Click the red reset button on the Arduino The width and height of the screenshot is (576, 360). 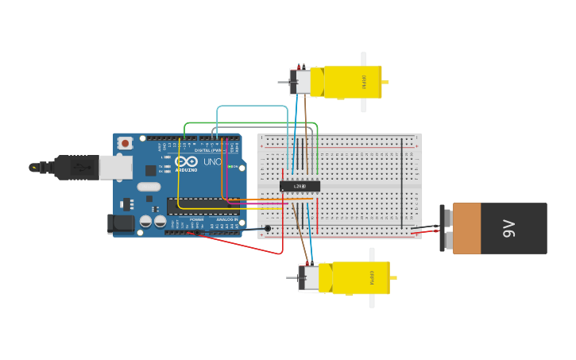[x=125, y=143]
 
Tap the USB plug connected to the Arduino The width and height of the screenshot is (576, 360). [x=79, y=167]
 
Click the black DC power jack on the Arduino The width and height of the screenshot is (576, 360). [x=120, y=223]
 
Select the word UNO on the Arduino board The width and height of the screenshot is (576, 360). [x=212, y=162]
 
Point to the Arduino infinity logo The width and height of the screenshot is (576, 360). [x=187, y=161]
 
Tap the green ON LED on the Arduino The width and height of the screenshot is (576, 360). [x=231, y=167]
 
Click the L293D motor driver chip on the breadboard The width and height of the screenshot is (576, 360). [x=300, y=186]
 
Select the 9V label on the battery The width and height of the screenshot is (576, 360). [x=509, y=228]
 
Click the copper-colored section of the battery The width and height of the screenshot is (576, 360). [x=466, y=228]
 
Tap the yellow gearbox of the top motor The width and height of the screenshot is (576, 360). [x=350, y=81]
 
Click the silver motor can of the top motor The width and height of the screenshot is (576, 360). [x=302, y=82]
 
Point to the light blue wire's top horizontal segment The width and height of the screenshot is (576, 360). [x=252, y=106]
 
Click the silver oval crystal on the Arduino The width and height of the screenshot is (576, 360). [x=149, y=188]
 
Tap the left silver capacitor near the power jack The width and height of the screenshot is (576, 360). [x=145, y=222]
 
